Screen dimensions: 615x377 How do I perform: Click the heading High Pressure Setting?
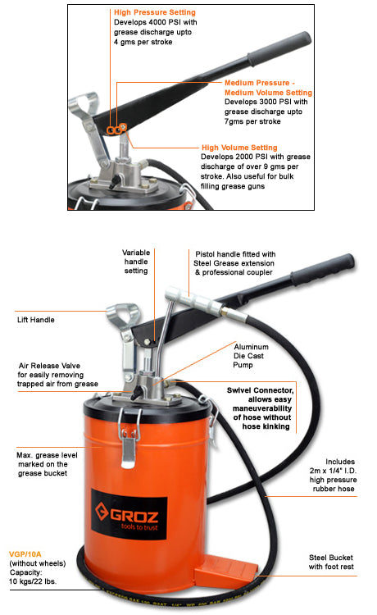pyautogui.click(x=155, y=13)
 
